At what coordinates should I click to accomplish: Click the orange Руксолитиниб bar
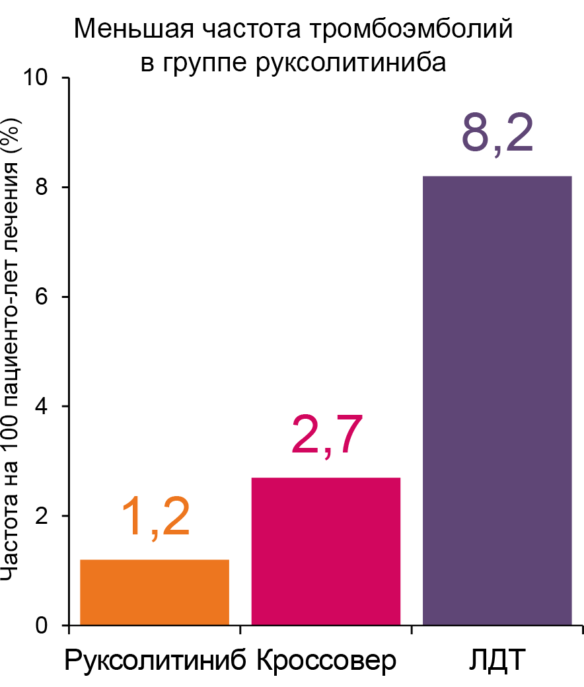pyautogui.click(x=155, y=592)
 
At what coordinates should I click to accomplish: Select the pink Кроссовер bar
pyautogui.click(x=326, y=551)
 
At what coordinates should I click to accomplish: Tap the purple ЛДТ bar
pyautogui.click(x=497, y=400)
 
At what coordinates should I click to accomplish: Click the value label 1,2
pyautogui.click(x=156, y=519)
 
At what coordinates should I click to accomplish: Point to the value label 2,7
pyautogui.click(x=327, y=436)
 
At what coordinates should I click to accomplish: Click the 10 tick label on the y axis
pyautogui.click(x=40, y=78)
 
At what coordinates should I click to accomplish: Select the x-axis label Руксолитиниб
pyautogui.click(x=156, y=661)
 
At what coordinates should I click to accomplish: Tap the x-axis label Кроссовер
pyautogui.click(x=326, y=661)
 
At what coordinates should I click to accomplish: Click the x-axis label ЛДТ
pyautogui.click(x=497, y=661)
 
